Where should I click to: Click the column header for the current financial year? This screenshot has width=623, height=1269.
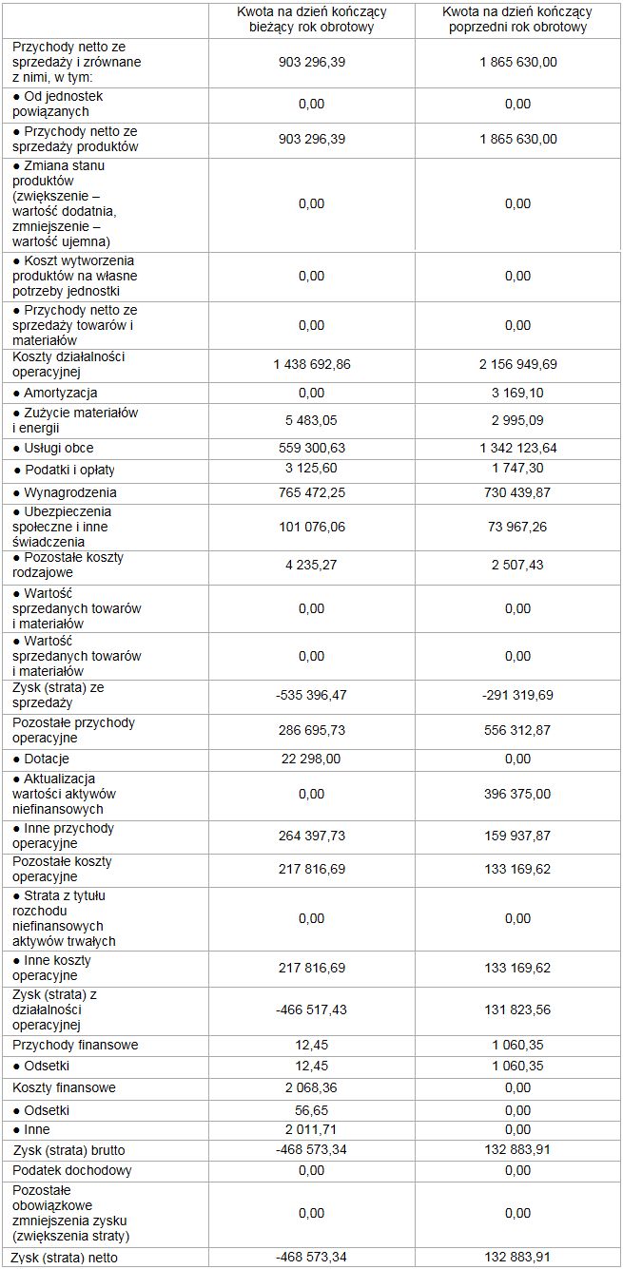311,20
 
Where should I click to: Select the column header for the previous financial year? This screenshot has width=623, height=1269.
517,20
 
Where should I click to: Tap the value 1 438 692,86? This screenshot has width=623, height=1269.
311,365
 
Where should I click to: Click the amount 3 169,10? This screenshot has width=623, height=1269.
517,393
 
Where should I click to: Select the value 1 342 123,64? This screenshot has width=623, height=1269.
517,448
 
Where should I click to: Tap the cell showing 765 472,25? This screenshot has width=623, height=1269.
311,492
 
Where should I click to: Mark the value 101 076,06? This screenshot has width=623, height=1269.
311,527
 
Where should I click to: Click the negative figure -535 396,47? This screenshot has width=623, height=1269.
311,695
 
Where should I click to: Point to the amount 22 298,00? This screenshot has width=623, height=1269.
311,759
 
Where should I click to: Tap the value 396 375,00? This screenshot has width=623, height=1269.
517,794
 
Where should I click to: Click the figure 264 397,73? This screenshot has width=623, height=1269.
311,836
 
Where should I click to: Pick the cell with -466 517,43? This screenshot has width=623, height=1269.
311,1009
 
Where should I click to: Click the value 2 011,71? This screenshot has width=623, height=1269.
311,1129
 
